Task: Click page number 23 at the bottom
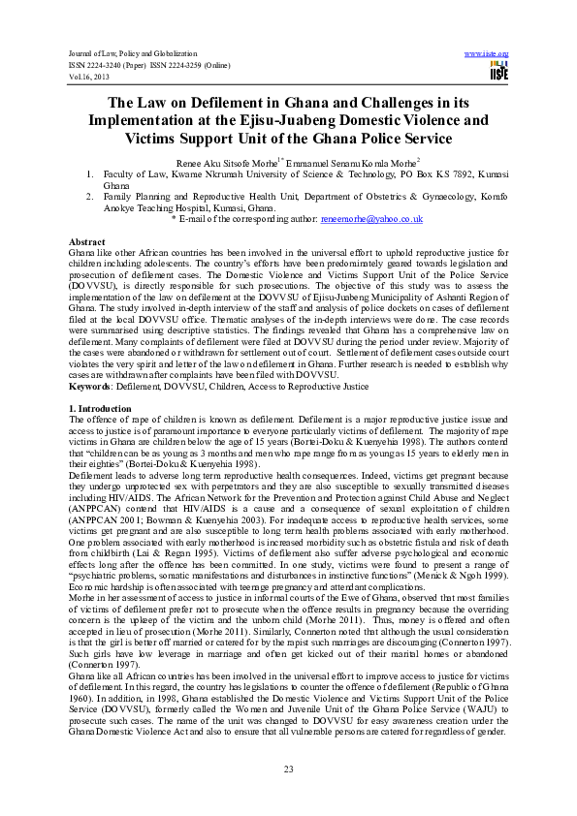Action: [x=288, y=769]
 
